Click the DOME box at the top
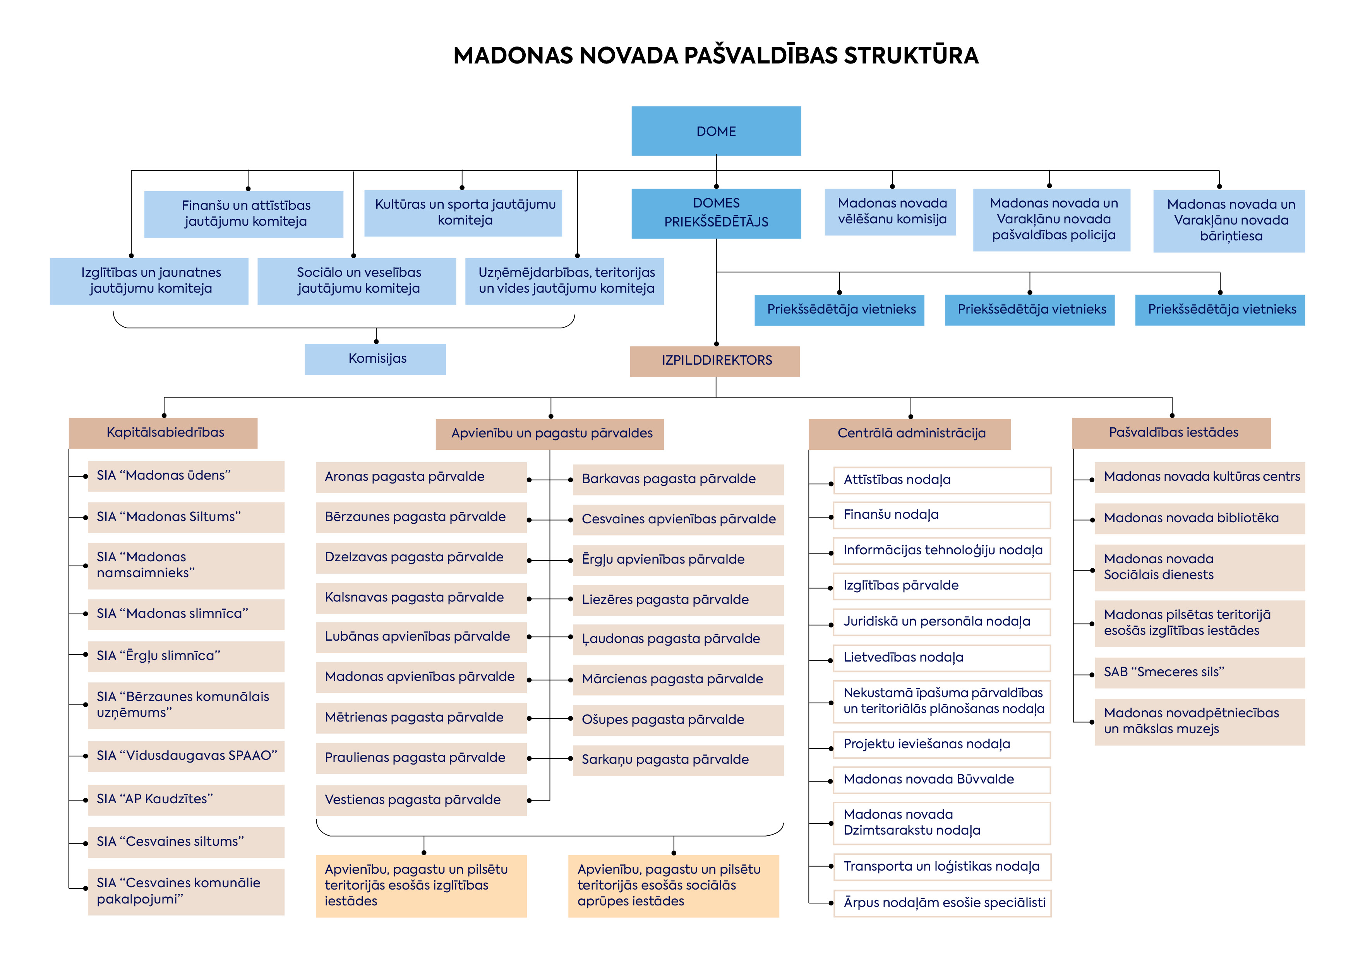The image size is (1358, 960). click(716, 131)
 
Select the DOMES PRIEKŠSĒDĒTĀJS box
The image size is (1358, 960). click(716, 213)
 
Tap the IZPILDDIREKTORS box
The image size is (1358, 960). click(715, 361)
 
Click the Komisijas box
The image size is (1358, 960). click(375, 358)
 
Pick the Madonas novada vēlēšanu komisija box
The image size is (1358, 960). click(890, 212)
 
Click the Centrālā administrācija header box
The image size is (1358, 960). click(910, 434)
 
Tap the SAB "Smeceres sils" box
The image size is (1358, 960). click(1200, 672)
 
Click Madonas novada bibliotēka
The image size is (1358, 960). click(1200, 519)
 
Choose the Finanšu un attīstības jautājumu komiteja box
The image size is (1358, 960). click(243, 214)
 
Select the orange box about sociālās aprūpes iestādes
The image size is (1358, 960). click(674, 885)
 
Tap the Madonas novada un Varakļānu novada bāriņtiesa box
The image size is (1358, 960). click(1229, 221)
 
